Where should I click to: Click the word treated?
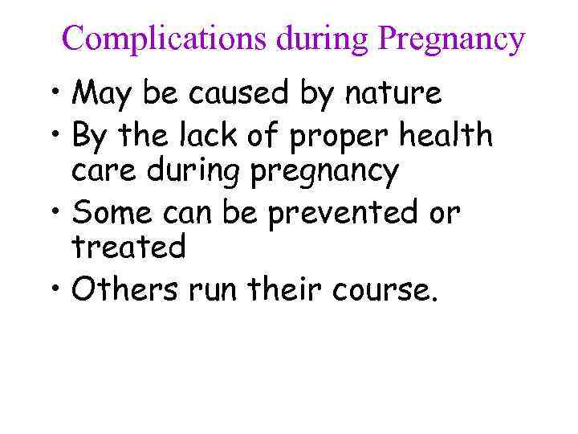point(129,248)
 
